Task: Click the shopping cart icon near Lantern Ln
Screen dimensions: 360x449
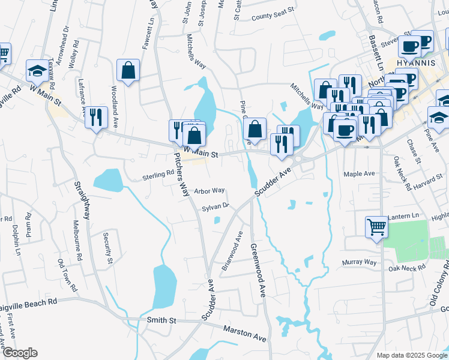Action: pos(376,226)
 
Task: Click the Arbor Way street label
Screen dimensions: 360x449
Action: pos(209,191)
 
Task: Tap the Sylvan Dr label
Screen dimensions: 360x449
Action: pos(216,207)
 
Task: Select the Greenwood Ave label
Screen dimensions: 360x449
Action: pos(258,271)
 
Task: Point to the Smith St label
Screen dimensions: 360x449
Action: pos(160,321)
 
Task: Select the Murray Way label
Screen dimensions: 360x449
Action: pos(359,262)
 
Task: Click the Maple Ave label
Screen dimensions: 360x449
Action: pos(359,174)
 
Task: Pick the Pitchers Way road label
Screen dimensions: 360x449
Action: pos(181,173)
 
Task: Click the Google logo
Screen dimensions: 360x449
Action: pos(19,353)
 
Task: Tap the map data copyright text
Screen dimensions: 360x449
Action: pos(411,355)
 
